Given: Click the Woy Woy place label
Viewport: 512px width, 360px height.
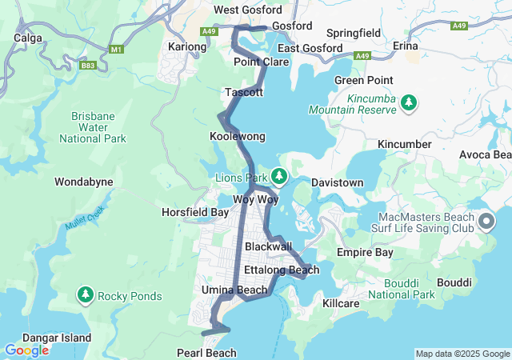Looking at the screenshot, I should point(255,199).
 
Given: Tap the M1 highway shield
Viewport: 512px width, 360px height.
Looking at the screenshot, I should point(118,50).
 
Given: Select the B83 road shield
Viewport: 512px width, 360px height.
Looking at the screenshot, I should point(88,66).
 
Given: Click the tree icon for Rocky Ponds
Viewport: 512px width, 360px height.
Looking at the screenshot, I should point(86,296).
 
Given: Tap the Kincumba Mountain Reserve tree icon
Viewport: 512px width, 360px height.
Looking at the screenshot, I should point(409,102).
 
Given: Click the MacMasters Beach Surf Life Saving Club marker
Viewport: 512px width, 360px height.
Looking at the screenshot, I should point(485,219).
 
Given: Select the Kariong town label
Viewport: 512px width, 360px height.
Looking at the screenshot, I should point(186,47).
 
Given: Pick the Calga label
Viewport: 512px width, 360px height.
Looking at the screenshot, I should point(27,37).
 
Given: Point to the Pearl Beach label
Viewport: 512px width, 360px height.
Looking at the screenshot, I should point(206,353).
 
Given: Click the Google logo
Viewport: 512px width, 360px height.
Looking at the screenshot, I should point(26,350).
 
